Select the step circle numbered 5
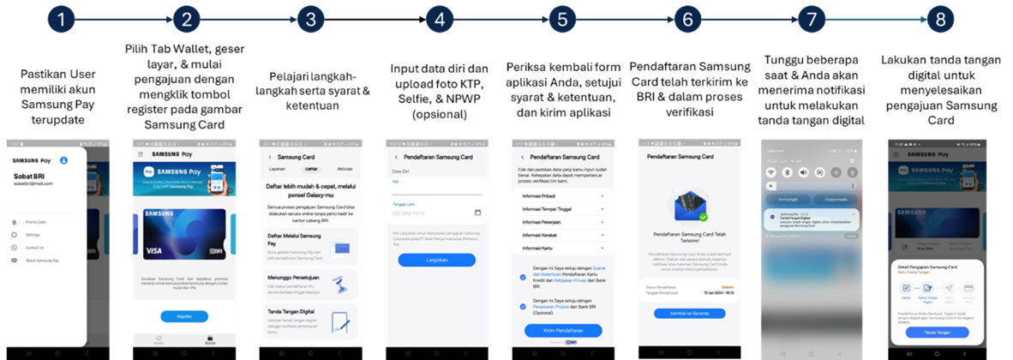(x=561, y=21)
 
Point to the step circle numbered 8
(x=940, y=21)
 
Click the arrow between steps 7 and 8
(x=875, y=21)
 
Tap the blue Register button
(x=184, y=316)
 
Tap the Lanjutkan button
(x=437, y=260)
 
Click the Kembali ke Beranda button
(x=690, y=314)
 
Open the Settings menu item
(x=32, y=234)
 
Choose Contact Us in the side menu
(x=35, y=247)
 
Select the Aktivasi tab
(x=345, y=169)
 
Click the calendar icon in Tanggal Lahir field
(x=477, y=212)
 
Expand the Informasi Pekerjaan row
(x=562, y=222)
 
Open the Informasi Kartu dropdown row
(x=562, y=248)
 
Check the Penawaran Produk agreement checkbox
(x=523, y=307)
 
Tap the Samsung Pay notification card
(x=814, y=221)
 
